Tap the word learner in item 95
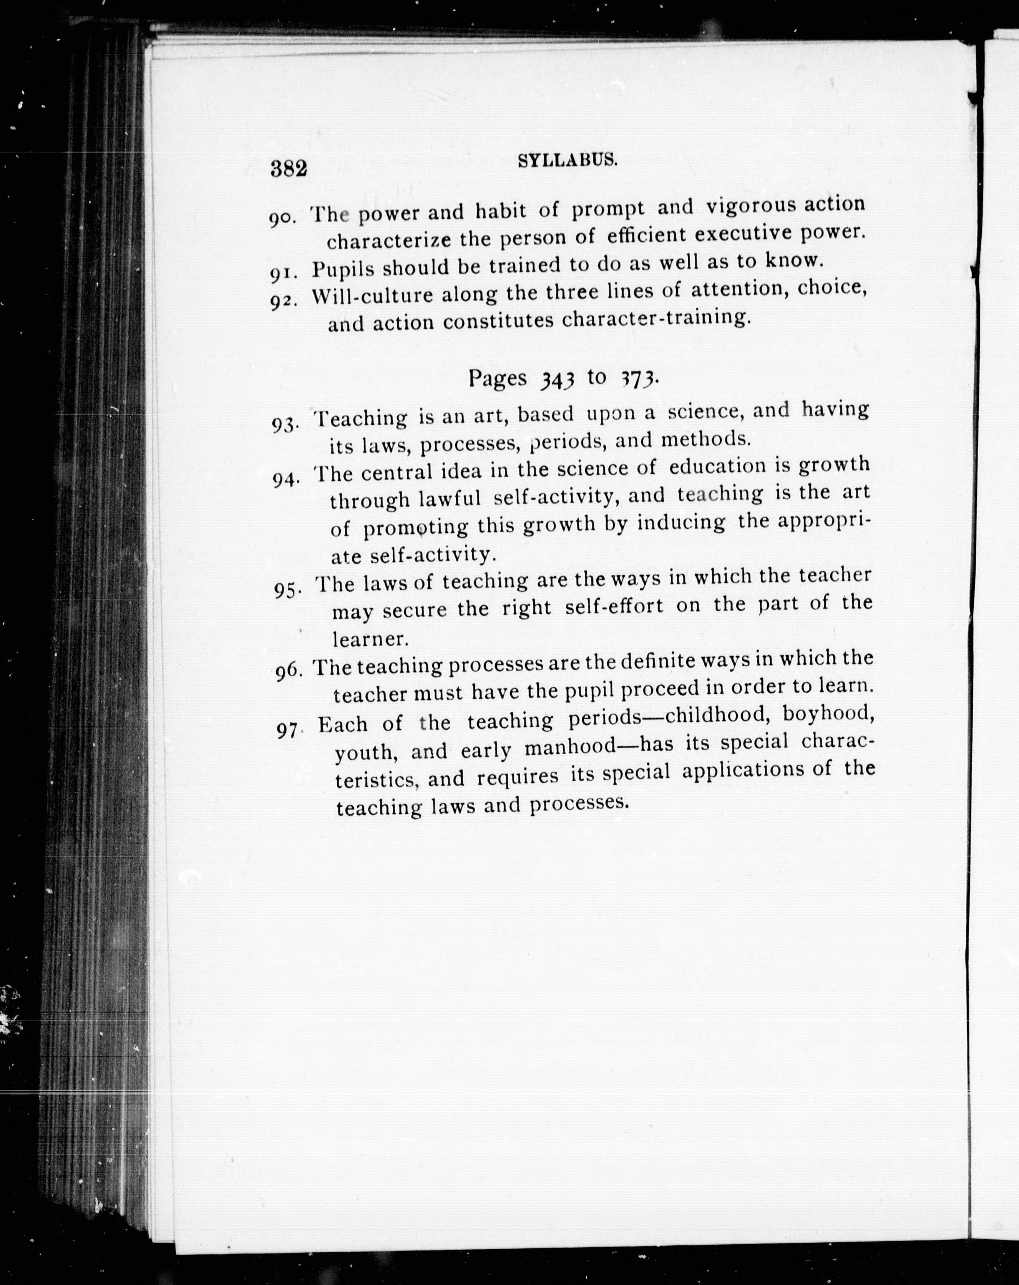(x=370, y=639)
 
